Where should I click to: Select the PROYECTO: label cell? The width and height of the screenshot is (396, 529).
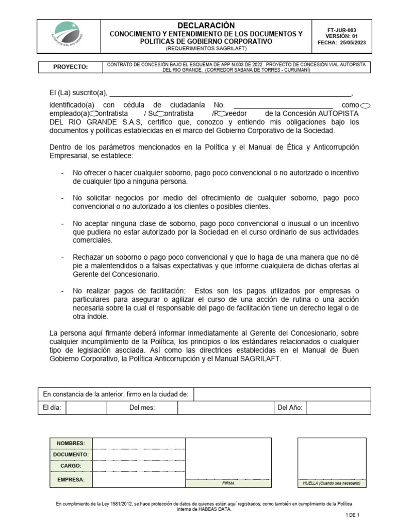tap(71, 67)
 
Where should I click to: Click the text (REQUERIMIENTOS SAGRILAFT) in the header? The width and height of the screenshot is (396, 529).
tap(206, 48)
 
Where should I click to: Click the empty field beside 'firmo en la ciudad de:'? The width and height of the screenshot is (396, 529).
tap(282, 395)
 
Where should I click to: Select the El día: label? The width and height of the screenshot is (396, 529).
tap(52, 408)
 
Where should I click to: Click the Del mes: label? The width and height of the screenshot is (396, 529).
tap(142, 408)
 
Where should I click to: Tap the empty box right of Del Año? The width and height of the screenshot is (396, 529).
tap(338, 408)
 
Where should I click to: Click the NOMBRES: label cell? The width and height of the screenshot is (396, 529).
tap(71, 443)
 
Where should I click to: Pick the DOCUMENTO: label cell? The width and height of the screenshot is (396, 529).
tap(71, 455)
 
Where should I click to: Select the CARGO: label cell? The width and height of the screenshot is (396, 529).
tap(71, 466)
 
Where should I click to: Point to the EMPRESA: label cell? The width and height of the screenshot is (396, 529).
tap(71, 479)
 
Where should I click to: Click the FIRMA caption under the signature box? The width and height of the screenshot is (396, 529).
tap(228, 484)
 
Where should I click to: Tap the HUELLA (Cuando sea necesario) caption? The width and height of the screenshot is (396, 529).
tap(332, 484)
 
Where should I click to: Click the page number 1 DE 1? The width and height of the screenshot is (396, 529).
tap(352, 515)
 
